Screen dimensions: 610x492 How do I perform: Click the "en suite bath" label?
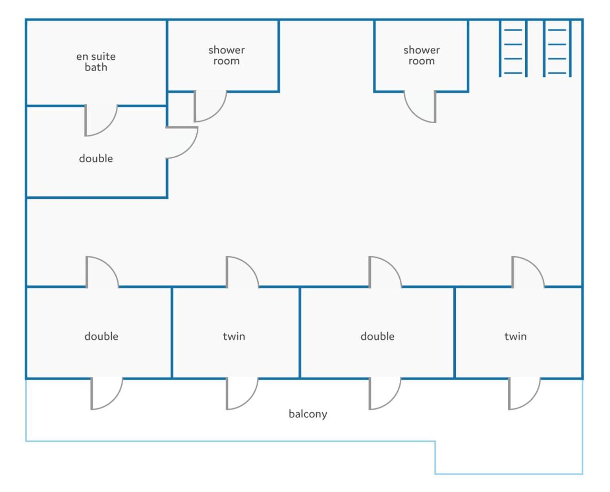click(96, 62)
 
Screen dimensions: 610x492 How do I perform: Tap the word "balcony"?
click(308, 414)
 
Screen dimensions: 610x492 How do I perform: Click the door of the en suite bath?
click(100, 120)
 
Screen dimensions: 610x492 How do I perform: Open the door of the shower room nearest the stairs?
click(420, 107)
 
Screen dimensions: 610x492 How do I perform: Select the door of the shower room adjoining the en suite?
click(210, 106)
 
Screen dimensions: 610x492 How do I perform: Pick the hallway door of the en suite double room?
click(182, 143)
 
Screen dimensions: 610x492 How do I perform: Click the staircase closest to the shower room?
click(513, 48)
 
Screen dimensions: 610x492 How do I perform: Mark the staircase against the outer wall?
click(557, 48)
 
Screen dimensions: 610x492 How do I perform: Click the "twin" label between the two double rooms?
click(234, 336)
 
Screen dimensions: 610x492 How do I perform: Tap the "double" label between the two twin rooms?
click(377, 336)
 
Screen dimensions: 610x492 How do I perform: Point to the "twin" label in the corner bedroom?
click(516, 336)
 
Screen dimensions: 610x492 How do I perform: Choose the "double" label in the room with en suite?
click(96, 158)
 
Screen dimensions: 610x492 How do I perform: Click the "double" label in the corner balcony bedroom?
click(101, 336)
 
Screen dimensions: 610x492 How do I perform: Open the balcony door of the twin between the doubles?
click(242, 393)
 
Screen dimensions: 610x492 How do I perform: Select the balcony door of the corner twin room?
click(524, 393)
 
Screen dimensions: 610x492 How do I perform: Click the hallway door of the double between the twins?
click(385, 272)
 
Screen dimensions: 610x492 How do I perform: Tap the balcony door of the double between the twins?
click(385, 393)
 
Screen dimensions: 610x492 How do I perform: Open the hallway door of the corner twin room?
click(528, 272)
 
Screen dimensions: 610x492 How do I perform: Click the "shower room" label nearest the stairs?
click(421, 55)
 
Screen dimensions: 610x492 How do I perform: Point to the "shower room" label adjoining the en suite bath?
click(226, 55)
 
